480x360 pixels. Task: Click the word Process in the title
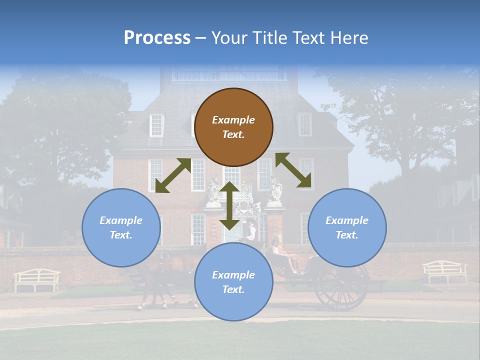coord(157,38)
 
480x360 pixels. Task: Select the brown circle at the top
coord(233,127)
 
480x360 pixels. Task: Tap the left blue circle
coord(121,227)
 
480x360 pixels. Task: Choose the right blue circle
coord(347,227)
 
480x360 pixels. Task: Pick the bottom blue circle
coord(233,282)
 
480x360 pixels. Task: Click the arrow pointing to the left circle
coord(173,175)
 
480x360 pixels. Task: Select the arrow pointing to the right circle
coord(293,170)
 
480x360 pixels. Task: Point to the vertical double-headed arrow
coord(229,205)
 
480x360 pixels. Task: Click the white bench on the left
coord(36,279)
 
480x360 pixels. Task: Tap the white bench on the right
coord(444,271)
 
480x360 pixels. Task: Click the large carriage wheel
coord(340,287)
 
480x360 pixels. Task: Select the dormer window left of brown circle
coord(156,125)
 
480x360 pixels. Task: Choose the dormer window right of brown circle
coord(304,124)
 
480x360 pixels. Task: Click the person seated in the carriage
coord(278,250)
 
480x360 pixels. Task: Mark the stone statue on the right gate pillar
coord(276,189)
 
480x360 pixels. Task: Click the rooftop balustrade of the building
coord(229,75)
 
